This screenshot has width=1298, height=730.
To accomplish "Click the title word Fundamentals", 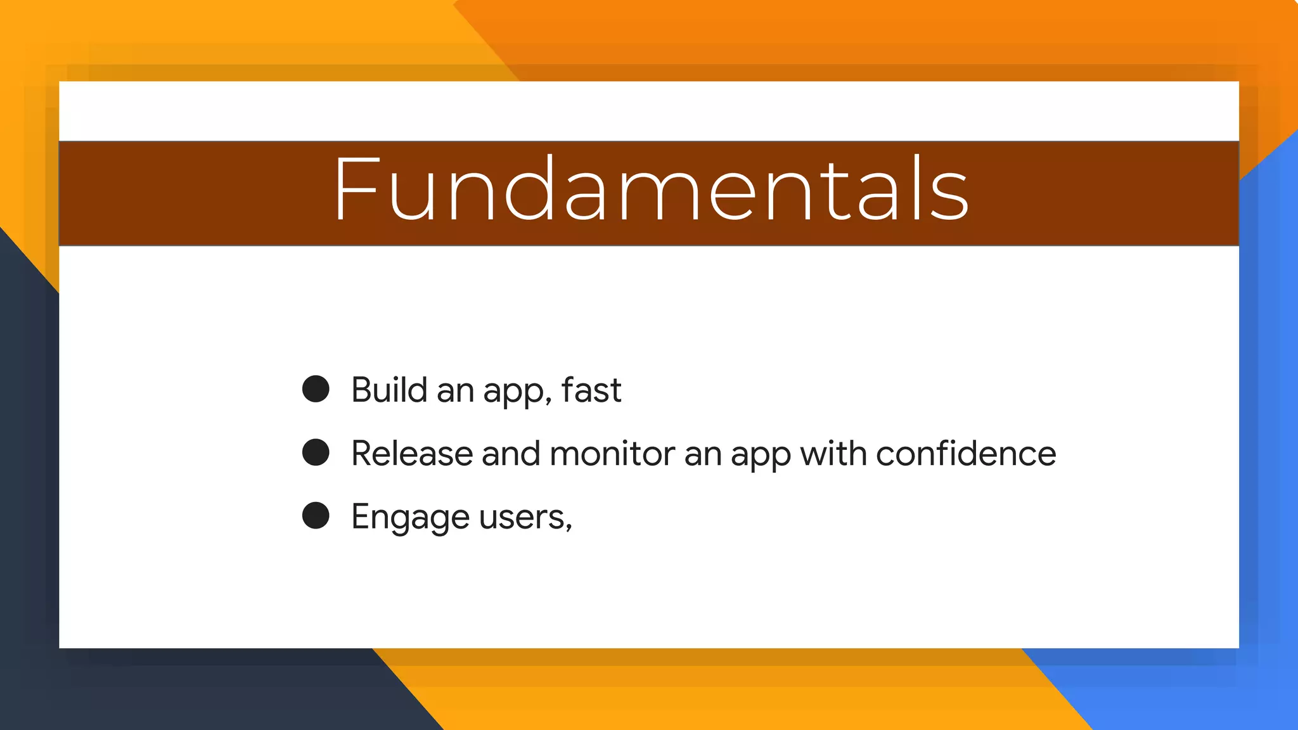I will (651, 190).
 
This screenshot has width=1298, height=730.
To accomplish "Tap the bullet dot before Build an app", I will (316, 388).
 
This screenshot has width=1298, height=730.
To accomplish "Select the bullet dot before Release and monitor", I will (316, 452).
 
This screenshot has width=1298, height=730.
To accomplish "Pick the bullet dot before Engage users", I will (316, 515).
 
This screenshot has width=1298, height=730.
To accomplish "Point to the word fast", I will (591, 390).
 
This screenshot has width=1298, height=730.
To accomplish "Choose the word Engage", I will (410, 518).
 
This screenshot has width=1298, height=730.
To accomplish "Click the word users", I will (522, 518).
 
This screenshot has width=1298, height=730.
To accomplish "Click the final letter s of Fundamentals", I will (949, 196).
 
